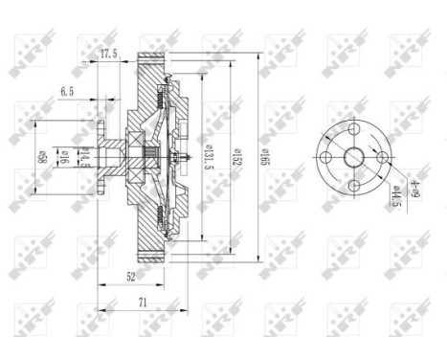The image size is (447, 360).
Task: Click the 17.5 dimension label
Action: point(108,56)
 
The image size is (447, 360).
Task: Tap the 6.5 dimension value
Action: point(66,93)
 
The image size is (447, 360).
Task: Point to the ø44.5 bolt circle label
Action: point(392,200)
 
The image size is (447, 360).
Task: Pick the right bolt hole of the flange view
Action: point(380,159)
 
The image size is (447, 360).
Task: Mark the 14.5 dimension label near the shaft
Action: point(82,159)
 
